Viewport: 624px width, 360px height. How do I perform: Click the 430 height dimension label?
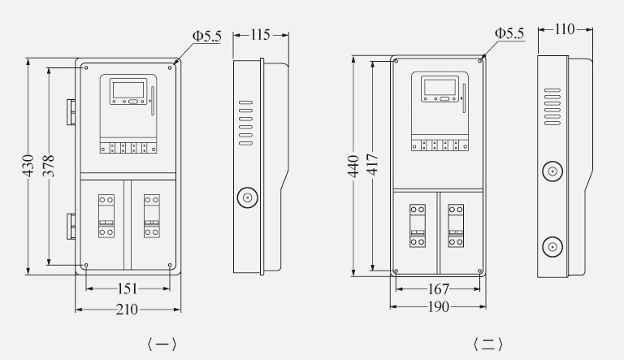pyautogui.click(x=28, y=166)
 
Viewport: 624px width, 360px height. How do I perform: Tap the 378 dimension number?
pyautogui.click(x=49, y=166)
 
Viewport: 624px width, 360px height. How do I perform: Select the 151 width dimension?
pyautogui.click(x=128, y=288)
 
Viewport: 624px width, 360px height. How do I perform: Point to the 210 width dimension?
pyautogui.click(x=127, y=310)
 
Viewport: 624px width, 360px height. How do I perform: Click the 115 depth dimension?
pyautogui.click(x=260, y=35)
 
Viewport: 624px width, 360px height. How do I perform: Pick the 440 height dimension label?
pyautogui.click(x=353, y=166)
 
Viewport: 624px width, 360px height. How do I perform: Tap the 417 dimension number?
pyautogui.click(x=373, y=164)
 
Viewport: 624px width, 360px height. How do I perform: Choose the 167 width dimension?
pyautogui.click(x=438, y=289)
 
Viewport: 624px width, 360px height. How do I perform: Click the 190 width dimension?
pyautogui.click(x=438, y=306)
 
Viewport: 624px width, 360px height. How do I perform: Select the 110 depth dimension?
pyautogui.click(x=565, y=29)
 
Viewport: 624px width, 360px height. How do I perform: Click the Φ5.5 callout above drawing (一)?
pyautogui.click(x=206, y=37)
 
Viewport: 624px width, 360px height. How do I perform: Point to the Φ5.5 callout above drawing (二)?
pyautogui.click(x=509, y=33)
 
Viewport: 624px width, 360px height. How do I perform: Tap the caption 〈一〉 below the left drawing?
pyautogui.click(x=162, y=345)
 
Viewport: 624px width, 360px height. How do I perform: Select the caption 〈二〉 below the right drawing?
pyautogui.click(x=487, y=345)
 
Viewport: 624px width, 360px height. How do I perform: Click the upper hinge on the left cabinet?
pyautogui.click(x=71, y=112)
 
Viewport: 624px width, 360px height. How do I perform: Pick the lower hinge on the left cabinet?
pyautogui.click(x=71, y=226)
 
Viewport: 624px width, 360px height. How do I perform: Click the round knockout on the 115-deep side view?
pyautogui.click(x=248, y=197)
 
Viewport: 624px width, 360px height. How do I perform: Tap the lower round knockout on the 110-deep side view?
pyautogui.click(x=552, y=246)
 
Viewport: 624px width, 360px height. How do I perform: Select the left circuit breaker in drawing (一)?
pyautogui.click(x=106, y=216)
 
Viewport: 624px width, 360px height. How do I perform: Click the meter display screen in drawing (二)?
pyautogui.click(x=440, y=87)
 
